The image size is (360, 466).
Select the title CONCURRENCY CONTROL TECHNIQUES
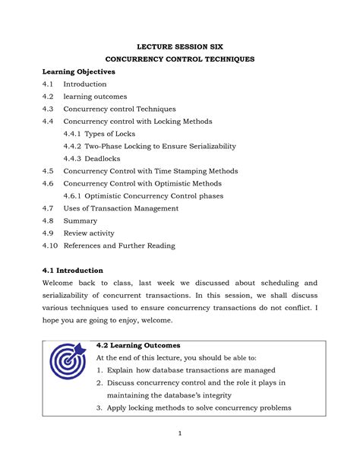tap(179, 59)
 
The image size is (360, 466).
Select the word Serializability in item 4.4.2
tap(207, 146)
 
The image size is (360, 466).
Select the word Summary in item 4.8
tap(80, 220)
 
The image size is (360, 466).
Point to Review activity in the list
tap(91, 233)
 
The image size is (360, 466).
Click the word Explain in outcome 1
tap(124, 370)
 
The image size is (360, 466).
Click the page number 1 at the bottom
tap(180, 434)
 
